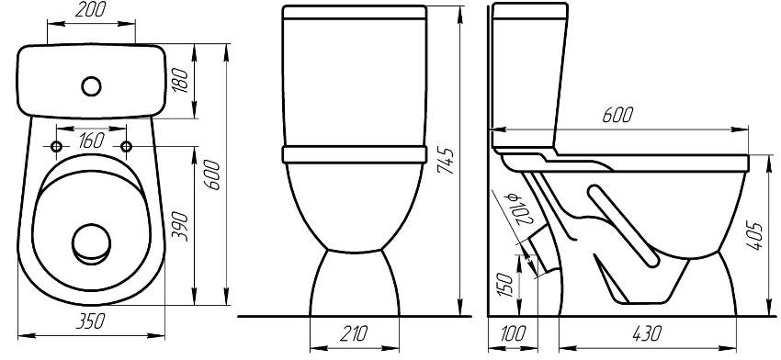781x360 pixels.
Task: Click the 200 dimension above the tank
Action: [90, 10]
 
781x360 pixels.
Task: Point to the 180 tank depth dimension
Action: [181, 80]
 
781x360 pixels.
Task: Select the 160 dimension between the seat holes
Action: [91, 141]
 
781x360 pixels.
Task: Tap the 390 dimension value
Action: [181, 227]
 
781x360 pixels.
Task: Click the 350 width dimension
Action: [90, 321]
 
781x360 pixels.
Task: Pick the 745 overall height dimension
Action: [446, 161]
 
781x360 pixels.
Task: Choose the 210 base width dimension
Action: [353, 333]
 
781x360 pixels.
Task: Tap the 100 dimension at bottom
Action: [512, 333]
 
